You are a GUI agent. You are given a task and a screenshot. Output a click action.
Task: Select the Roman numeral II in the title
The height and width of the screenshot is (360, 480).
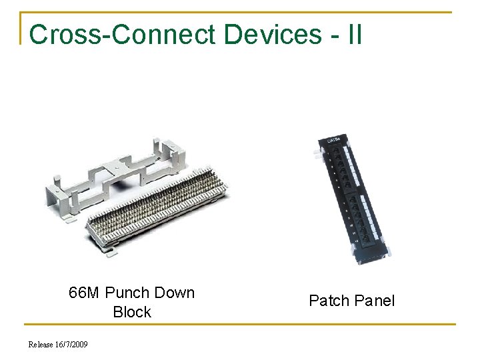click(x=355, y=34)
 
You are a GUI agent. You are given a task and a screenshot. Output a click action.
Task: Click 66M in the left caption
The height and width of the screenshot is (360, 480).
click(x=85, y=293)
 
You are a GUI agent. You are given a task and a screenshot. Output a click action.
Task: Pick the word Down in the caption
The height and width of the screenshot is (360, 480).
click(x=174, y=293)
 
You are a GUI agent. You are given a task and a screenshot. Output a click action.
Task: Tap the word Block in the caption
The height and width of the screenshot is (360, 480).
click(x=132, y=312)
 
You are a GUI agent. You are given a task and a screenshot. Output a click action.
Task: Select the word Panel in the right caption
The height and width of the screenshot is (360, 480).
click(x=375, y=301)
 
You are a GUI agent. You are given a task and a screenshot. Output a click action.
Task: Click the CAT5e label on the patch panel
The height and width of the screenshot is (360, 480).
click(x=333, y=141)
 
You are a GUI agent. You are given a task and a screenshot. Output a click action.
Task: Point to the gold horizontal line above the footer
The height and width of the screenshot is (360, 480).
click(x=240, y=325)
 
